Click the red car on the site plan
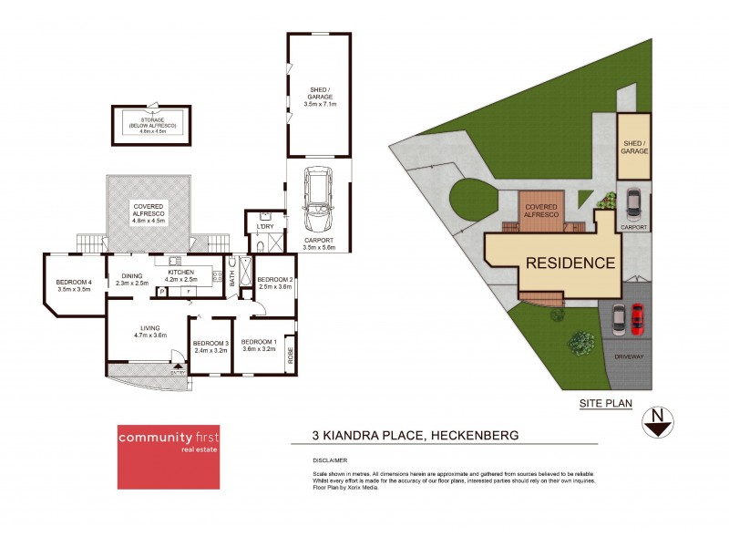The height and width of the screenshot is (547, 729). (637, 318)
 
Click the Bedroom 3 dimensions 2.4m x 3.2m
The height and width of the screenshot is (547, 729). (209, 350)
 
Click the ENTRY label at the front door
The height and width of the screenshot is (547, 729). (177, 372)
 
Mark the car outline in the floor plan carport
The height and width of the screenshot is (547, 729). (319, 200)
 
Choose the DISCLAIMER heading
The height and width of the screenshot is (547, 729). (329, 460)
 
